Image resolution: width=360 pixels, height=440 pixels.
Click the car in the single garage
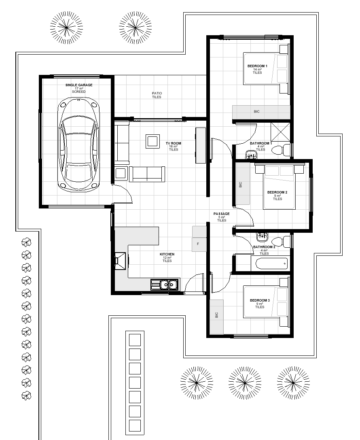click(x=79, y=145)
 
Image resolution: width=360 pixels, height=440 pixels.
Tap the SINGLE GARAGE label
click(x=79, y=85)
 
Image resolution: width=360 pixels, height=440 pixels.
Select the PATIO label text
click(x=157, y=93)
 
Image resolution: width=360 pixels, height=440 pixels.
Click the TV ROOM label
click(x=173, y=143)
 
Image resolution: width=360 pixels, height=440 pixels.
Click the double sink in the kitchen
click(x=165, y=285)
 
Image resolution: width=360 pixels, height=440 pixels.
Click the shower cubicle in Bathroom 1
click(x=280, y=132)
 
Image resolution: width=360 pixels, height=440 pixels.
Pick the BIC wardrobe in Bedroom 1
click(x=261, y=112)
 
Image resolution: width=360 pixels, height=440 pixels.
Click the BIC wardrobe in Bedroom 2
click(x=243, y=183)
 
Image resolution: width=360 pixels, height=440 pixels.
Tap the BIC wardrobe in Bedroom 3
click(x=216, y=317)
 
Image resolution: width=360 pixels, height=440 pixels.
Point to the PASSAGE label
click(x=222, y=214)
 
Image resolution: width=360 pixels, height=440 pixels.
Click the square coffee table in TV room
click(x=152, y=141)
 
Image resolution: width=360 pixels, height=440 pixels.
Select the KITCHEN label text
click(x=167, y=254)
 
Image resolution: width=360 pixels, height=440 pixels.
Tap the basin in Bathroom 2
click(x=262, y=237)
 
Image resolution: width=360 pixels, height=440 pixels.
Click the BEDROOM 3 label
click(x=260, y=300)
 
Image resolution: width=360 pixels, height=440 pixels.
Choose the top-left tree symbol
click(x=66, y=28)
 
